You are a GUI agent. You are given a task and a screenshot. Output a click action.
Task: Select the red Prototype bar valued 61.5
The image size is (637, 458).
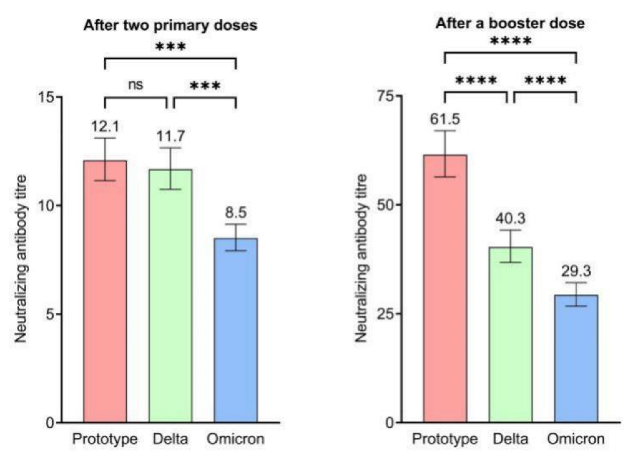(445, 288)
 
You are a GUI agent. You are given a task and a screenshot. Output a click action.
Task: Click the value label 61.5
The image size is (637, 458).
(445, 117)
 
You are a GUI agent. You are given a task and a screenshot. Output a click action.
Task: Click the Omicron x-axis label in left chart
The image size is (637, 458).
(235, 438)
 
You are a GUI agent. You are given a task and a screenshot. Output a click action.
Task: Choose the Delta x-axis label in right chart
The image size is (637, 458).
(511, 438)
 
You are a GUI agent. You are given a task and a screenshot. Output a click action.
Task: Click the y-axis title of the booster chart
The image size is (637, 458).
(361, 259)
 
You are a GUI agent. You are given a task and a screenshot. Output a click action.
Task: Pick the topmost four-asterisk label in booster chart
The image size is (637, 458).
(510, 42)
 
